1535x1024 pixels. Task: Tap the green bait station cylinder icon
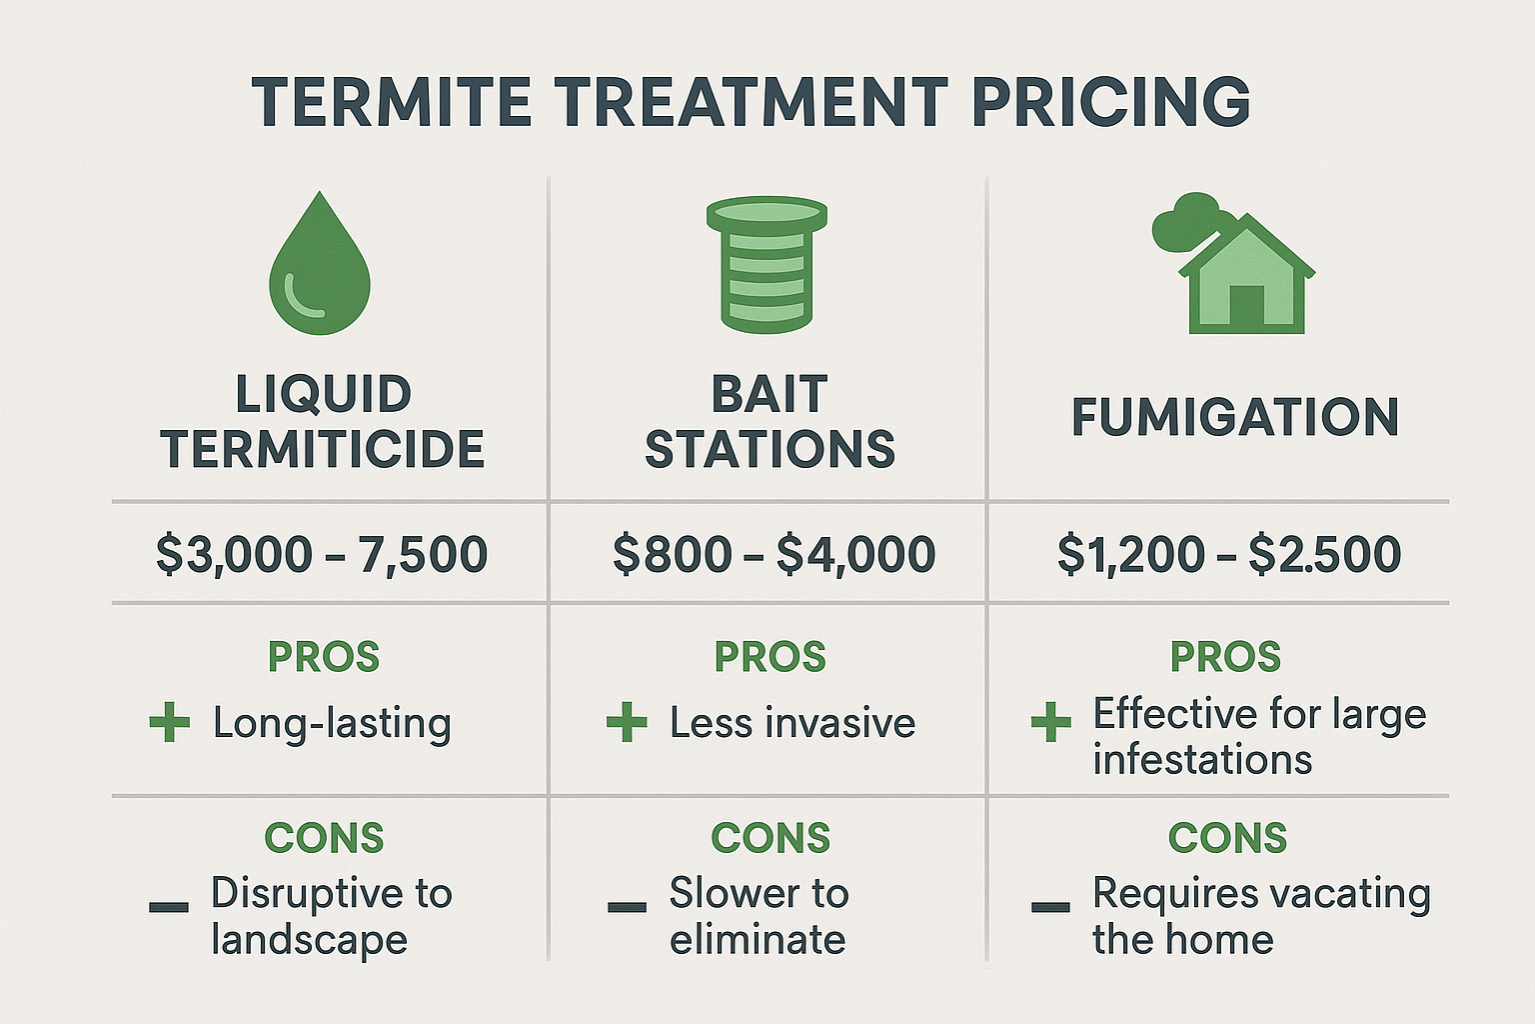point(767,265)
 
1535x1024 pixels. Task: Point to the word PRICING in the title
point(1110,102)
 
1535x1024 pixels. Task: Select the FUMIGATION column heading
point(1235,418)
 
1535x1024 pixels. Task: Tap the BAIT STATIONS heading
point(769,421)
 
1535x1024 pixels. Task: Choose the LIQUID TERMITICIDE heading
point(323,421)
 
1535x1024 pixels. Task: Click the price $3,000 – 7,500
point(322,554)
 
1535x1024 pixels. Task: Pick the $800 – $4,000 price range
point(773,554)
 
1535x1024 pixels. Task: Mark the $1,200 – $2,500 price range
point(1229,554)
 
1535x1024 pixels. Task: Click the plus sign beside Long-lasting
point(170,722)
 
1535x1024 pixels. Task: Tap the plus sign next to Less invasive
point(627,722)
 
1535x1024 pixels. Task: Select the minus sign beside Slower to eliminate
point(627,907)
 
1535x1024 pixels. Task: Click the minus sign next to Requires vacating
point(1050,907)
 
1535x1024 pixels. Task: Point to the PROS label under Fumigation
point(1226,657)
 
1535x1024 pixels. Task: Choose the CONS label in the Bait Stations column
point(770,838)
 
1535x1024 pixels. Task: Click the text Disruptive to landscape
point(331,916)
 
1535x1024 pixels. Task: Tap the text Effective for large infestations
point(1258,736)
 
